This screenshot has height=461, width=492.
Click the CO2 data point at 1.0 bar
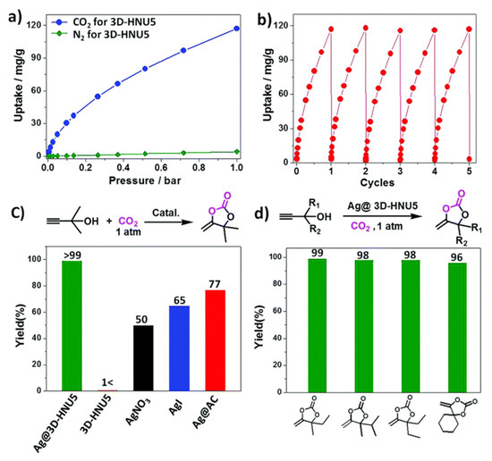click(237, 29)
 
